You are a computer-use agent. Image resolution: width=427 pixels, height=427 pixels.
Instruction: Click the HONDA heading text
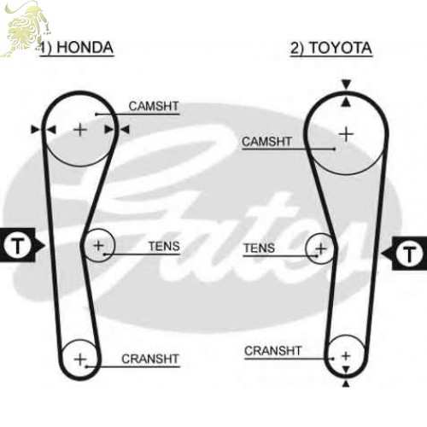pos(85,47)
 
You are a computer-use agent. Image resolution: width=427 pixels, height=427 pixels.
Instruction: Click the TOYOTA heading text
pos(341,48)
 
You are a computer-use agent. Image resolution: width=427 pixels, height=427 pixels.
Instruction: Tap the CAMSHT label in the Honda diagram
pos(154,106)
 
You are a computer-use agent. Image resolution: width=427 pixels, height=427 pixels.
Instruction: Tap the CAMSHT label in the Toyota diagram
pos(266,142)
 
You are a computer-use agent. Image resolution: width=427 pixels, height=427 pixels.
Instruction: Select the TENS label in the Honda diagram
pos(164,246)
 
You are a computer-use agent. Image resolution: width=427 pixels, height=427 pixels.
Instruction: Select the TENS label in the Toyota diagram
pos(259,248)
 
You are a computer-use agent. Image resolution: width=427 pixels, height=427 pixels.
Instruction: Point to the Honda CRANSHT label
pos(150,359)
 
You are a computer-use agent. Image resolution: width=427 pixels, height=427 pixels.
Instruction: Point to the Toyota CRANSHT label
pos(272,351)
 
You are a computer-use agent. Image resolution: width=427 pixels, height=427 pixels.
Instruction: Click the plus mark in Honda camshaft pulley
pos(80,130)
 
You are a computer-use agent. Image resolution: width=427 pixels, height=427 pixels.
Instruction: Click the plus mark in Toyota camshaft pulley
pos(346,134)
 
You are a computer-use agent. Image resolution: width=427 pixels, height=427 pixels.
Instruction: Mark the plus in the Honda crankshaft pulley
pos(80,359)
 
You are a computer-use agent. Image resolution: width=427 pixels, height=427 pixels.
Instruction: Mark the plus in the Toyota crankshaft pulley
pos(346,356)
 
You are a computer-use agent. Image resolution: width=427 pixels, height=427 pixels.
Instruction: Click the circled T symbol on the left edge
pos(17,244)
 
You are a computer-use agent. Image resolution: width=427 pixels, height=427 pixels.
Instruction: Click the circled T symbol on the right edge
pos(409,253)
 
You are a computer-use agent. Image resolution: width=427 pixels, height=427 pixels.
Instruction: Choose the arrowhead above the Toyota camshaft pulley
pos(346,85)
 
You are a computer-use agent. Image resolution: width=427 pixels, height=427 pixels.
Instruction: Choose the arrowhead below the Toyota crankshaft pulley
pos(346,384)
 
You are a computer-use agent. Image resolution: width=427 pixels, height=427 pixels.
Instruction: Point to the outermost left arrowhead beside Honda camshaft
pos(36,130)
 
